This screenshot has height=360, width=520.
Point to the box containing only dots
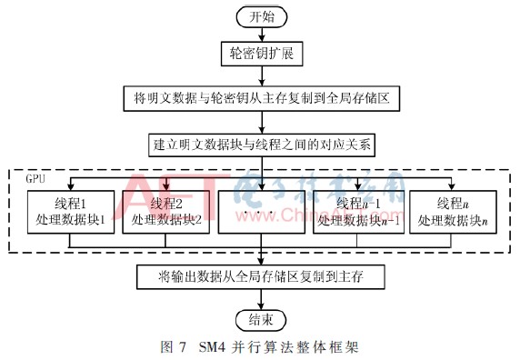click(x=261, y=211)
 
